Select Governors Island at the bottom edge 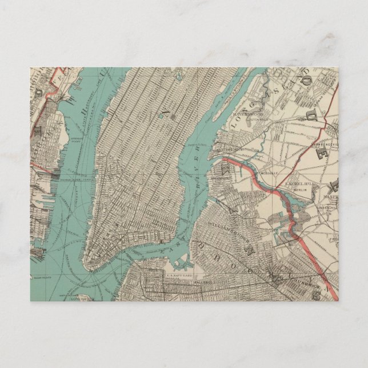[83, 299]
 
